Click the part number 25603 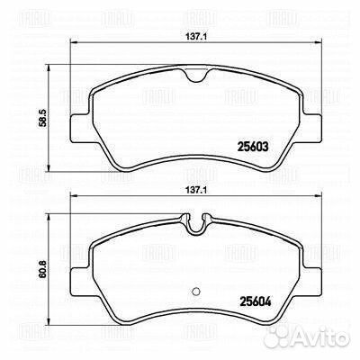coord(253,147)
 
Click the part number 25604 coord(256,301)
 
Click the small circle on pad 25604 coord(196,291)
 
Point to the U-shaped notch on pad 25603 coord(196,75)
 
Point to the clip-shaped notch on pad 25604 coord(196,223)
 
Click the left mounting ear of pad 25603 coord(79,129)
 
